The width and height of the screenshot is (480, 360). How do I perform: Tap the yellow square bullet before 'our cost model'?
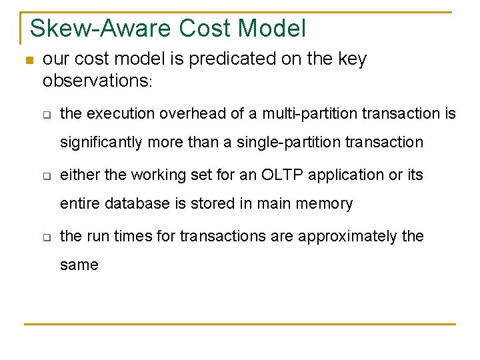[28, 61]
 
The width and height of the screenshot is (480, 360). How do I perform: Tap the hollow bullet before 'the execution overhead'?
[47, 115]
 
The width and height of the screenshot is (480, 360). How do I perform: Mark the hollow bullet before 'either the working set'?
[47, 176]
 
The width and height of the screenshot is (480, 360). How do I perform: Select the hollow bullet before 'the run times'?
[47, 237]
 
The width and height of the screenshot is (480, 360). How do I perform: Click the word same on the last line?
[79, 265]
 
